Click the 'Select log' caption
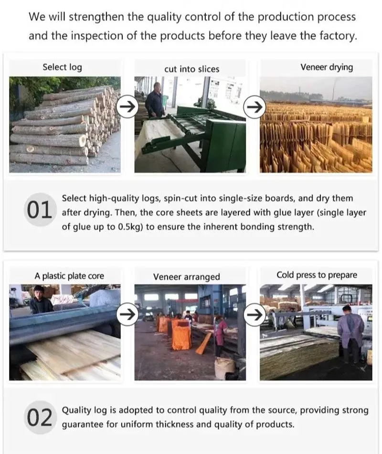coord(62,67)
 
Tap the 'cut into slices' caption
coord(191,69)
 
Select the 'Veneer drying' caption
coord(327,67)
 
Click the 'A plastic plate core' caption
coord(69,276)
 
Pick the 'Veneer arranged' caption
coord(186,277)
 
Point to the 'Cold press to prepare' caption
coord(317,275)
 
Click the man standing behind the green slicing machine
coord(155,101)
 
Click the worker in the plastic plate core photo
coord(41,301)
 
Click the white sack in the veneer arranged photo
coord(225,368)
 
